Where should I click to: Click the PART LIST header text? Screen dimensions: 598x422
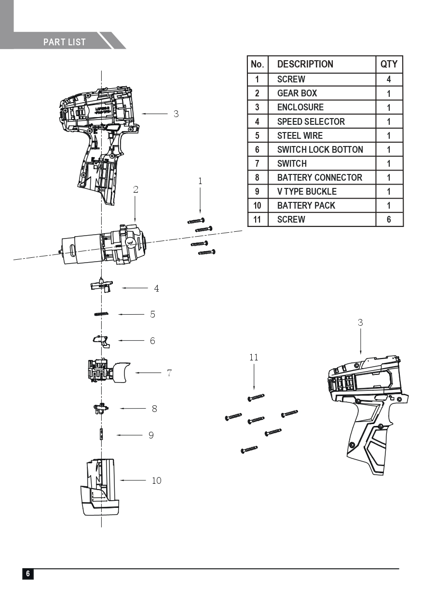64,42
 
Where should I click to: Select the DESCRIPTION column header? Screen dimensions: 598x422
305,64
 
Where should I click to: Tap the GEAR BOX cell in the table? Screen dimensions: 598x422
297,93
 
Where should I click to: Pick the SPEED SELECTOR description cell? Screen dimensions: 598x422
311,121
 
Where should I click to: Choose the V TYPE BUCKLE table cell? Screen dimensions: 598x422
307,191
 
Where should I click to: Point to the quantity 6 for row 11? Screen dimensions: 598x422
389,219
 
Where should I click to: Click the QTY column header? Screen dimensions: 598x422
389,64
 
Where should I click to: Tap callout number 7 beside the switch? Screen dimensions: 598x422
169,373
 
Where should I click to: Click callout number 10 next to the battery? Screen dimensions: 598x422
157,480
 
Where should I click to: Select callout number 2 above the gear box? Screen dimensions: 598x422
136,190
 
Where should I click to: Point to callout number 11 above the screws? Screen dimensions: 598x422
254,358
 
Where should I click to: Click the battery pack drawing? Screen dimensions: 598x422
100,487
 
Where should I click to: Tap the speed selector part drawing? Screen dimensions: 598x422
101,286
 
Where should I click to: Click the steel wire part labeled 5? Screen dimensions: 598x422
101,314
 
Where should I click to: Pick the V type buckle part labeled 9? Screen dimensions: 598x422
102,435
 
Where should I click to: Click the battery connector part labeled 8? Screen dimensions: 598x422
101,409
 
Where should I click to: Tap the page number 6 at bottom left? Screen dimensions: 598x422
28,574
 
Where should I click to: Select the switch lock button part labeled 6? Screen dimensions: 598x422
101,340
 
